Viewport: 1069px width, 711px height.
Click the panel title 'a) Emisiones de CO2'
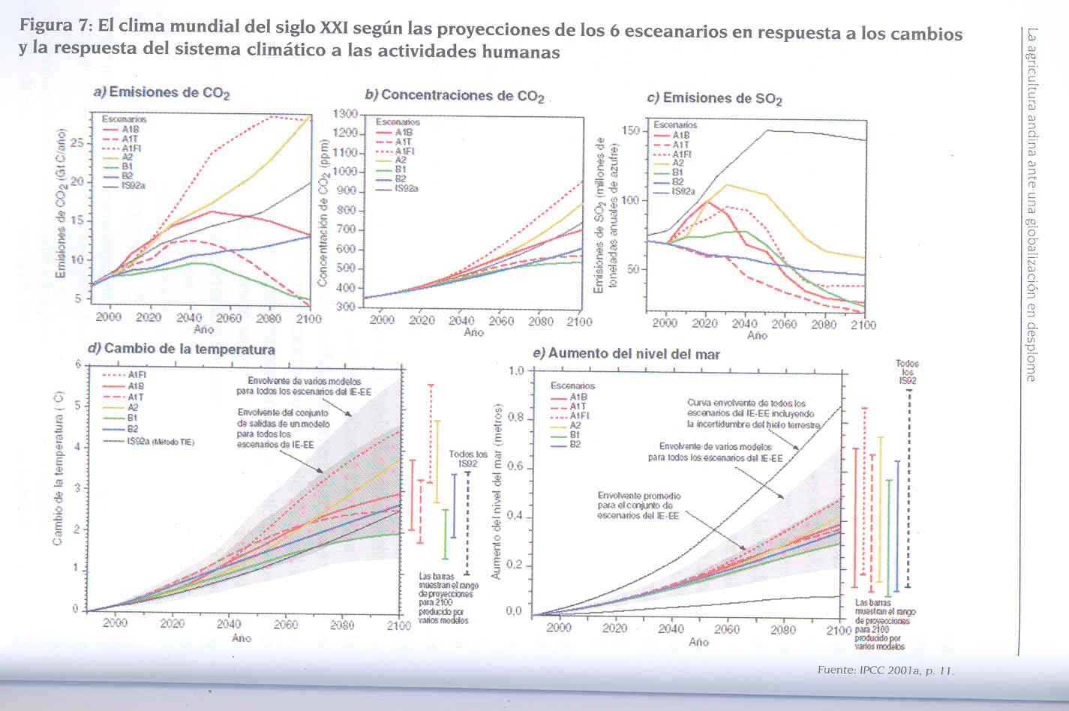tap(161, 92)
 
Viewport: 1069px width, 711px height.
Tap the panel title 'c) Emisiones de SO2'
tap(714, 98)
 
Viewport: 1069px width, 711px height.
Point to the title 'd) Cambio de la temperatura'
tap(182, 349)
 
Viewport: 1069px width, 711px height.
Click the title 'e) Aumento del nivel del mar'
tap(626, 354)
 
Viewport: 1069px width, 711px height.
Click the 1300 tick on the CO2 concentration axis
tap(345, 114)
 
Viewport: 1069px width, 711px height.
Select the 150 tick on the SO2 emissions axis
tap(630, 131)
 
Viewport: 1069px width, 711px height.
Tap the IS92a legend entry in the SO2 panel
tap(682, 192)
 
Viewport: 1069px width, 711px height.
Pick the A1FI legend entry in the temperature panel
tap(135, 375)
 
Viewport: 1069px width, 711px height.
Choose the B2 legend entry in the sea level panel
tap(575, 445)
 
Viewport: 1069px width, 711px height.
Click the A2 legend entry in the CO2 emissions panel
tap(128, 158)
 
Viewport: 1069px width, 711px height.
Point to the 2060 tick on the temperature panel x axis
tap(285, 624)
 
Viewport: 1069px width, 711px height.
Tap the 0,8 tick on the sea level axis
tap(514, 418)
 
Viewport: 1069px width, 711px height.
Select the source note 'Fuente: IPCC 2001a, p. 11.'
tap(884, 670)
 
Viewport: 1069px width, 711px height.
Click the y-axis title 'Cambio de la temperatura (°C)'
tap(59, 468)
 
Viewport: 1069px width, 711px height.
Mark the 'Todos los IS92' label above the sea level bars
tap(907, 372)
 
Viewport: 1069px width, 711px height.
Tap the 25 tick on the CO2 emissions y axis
tap(77, 143)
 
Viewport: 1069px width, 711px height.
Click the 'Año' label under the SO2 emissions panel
tap(757, 335)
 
